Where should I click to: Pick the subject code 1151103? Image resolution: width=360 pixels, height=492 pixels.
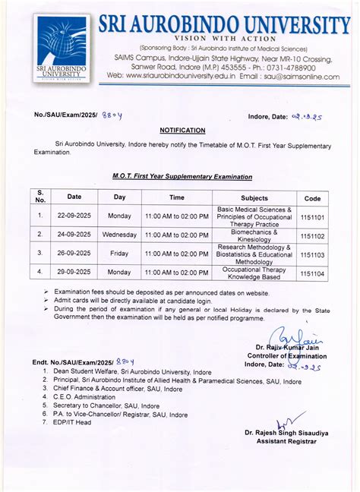(311, 255)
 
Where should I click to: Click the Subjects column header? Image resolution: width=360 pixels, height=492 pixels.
(254, 197)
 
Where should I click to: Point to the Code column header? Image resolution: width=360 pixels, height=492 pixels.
(311, 197)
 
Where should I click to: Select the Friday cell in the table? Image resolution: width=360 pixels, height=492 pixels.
(119, 255)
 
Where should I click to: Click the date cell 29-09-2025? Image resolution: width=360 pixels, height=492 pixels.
(74, 272)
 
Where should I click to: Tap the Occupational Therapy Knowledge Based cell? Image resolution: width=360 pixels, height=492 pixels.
(254, 272)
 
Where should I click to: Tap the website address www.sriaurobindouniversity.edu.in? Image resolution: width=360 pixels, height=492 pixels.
(182, 76)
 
